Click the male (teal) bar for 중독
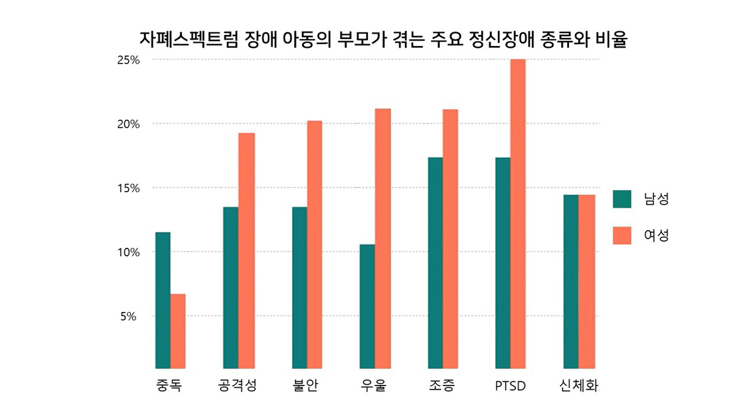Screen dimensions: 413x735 (162, 300)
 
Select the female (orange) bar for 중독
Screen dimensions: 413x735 (178, 331)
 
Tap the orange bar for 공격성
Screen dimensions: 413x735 (246, 251)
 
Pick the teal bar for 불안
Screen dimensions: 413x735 (300, 288)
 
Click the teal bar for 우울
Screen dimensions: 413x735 (367, 307)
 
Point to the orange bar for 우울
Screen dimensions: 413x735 (383, 239)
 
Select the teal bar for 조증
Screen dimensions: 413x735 (435, 263)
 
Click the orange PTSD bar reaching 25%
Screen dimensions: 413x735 (518, 214)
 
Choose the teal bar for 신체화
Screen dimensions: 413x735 (570, 281)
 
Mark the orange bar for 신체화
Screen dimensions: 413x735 (586, 281)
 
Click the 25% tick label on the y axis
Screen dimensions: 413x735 (129, 60)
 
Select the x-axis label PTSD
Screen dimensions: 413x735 (510, 387)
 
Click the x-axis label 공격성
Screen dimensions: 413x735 (238, 387)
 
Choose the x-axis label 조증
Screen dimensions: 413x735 (442, 387)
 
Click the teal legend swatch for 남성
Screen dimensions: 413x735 (622, 199)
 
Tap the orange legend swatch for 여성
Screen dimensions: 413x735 (622, 236)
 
